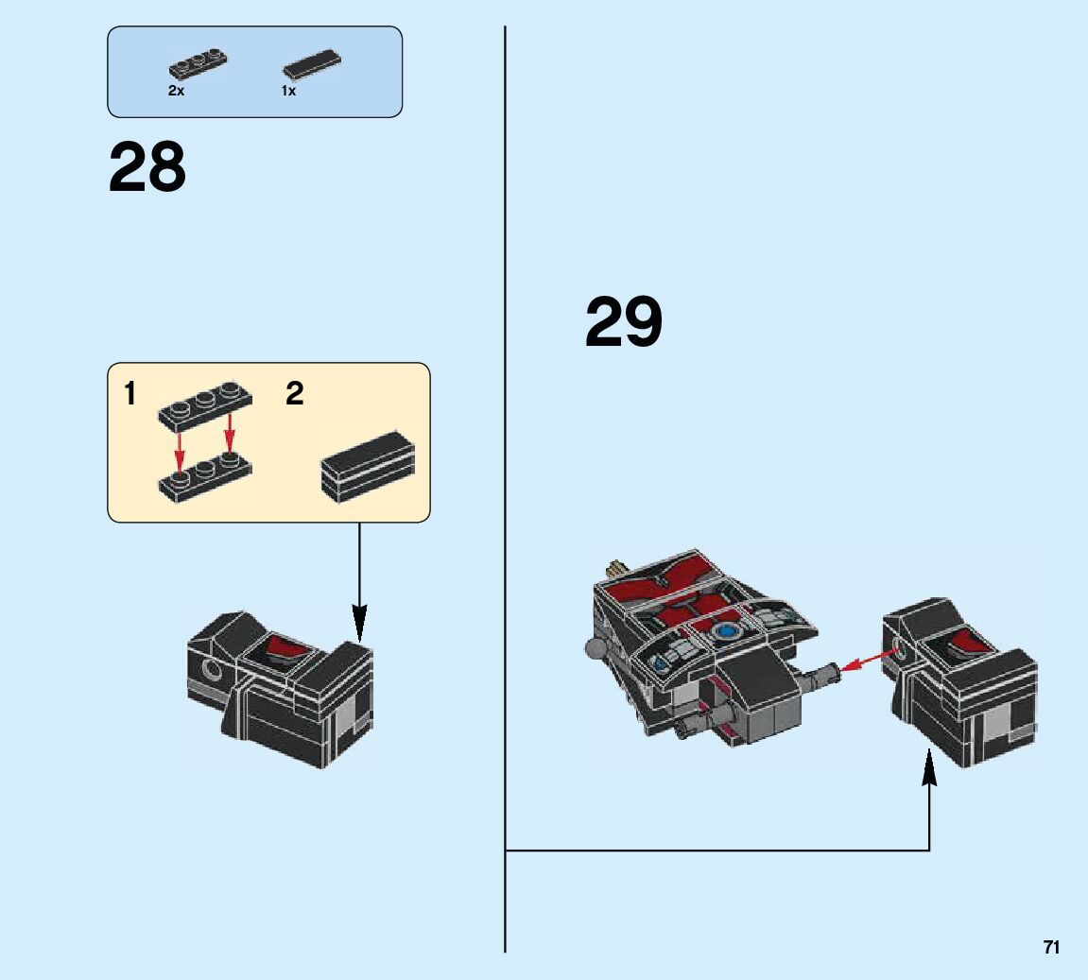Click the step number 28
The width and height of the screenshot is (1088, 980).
147,168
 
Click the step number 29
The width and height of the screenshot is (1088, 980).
624,322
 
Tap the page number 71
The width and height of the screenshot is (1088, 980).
1051,948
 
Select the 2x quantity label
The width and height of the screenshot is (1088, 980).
176,91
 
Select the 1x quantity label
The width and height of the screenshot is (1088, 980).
288,91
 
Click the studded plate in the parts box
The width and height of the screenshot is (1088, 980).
198,62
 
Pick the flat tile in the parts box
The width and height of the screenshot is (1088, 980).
311,62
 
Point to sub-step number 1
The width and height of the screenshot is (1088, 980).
130,393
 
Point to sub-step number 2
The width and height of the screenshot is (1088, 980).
295,393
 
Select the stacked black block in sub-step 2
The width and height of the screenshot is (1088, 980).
369,466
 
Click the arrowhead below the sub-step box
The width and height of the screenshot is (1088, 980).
359,623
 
